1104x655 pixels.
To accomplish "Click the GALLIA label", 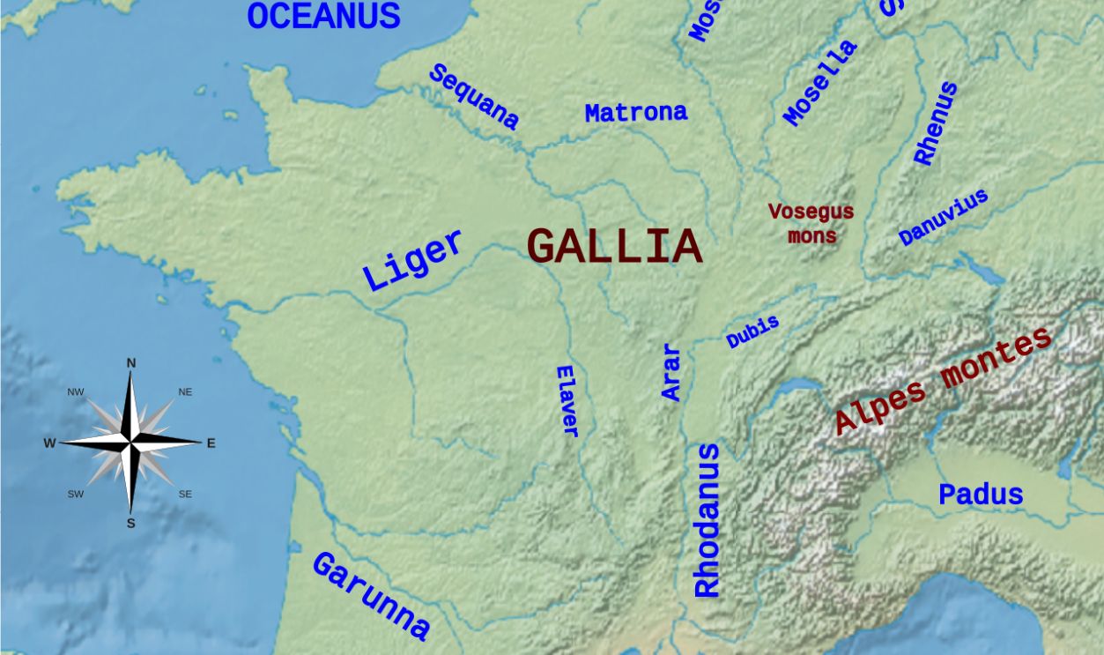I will pyautogui.click(x=614, y=246).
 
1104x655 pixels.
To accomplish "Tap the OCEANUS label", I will pyautogui.click(x=323, y=16).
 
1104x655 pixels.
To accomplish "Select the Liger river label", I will pyautogui.click(x=412, y=260).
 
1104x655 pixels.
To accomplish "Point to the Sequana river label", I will pyautogui.click(x=473, y=97).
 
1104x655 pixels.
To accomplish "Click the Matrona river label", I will pyautogui.click(x=635, y=113).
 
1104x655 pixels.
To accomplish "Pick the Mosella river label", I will pyautogui.click(x=820, y=83).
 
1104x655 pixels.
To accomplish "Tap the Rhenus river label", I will pyautogui.click(x=935, y=123).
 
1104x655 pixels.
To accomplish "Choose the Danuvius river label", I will pyautogui.click(x=943, y=218).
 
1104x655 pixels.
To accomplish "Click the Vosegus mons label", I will pyautogui.click(x=811, y=224).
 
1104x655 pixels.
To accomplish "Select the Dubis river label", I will pyautogui.click(x=752, y=332).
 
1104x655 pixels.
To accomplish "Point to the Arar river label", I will pyautogui.click(x=671, y=373).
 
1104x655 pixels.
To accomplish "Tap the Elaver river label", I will pyautogui.click(x=568, y=401).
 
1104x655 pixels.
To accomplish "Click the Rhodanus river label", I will pyautogui.click(x=707, y=520).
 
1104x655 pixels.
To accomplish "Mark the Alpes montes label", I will pyautogui.click(x=943, y=380).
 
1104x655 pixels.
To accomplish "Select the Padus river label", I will pyautogui.click(x=981, y=495).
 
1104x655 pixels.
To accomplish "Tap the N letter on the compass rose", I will pyautogui.click(x=131, y=363).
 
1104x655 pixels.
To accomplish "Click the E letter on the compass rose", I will pyautogui.click(x=211, y=443).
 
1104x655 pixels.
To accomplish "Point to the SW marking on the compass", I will pyautogui.click(x=76, y=495).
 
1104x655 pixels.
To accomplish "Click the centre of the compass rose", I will pyautogui.click(x=131, y=441).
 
